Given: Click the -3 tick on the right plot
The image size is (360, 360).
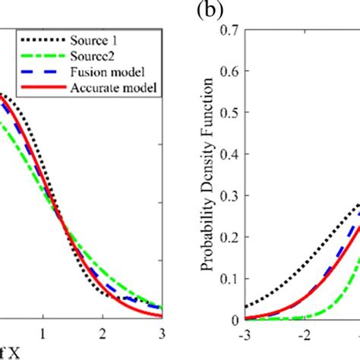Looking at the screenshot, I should [x=244, y=335].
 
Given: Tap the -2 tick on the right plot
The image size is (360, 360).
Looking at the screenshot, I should [x=303, y=335].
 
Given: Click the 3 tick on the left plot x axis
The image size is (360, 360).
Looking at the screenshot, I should [x=161, y=335].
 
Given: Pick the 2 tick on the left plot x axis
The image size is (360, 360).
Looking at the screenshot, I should [x=103, y=335].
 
